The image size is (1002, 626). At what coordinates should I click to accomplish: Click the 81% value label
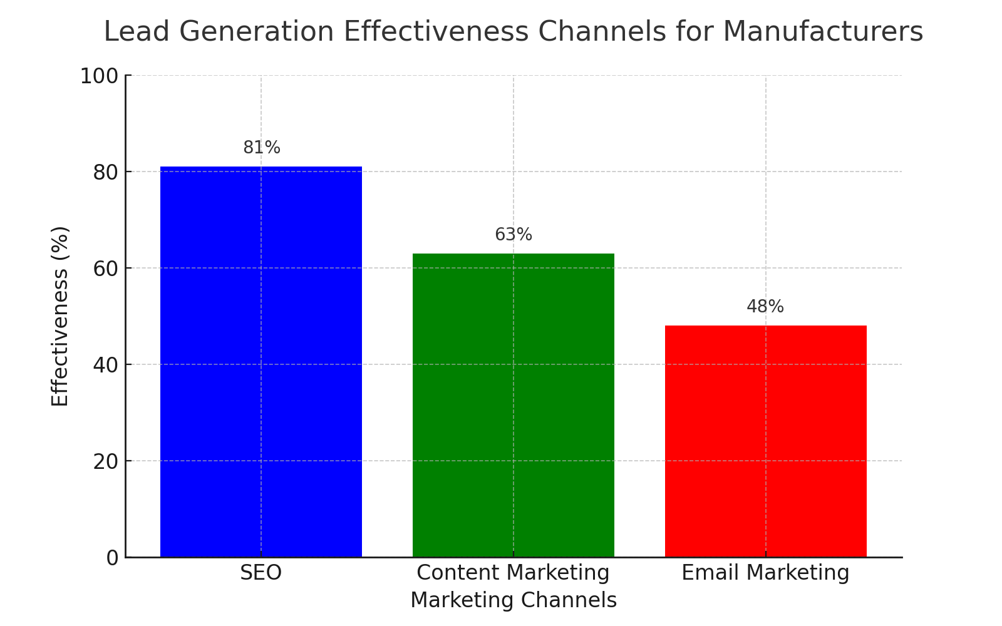pos(262,148)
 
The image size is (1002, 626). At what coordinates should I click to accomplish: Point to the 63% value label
pos(514,235)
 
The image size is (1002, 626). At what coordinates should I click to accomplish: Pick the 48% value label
pos(765,307)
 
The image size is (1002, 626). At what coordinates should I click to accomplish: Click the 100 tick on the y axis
pos(99,76)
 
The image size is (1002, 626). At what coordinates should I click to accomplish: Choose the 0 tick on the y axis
pos(112,558)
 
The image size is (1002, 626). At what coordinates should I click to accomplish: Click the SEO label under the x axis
pos(261,573)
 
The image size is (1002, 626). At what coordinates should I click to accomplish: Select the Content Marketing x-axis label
pos(513,573)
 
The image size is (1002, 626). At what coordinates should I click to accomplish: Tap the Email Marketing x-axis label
pos(765,573)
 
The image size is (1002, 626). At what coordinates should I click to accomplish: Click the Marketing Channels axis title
pos(513,600)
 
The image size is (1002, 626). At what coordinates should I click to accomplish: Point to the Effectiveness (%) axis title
pos(60,316)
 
